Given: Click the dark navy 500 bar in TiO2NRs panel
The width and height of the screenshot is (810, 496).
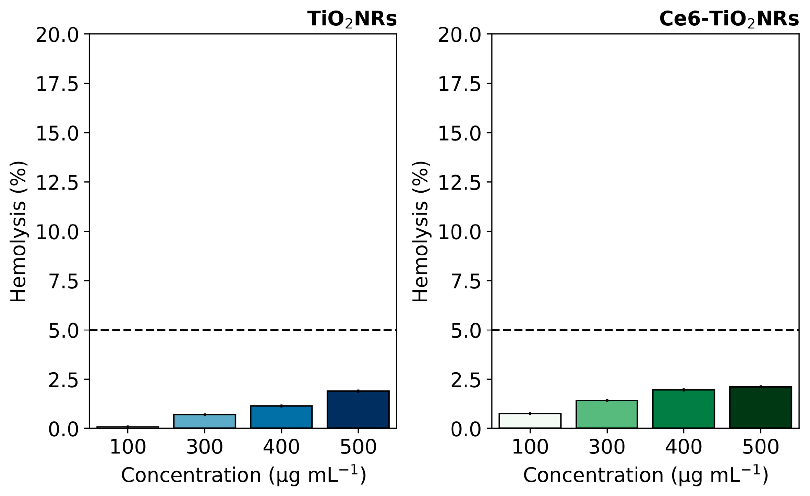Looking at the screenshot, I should [x=358, y=409].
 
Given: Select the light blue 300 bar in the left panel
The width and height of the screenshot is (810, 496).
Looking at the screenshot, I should [x=205, y=421].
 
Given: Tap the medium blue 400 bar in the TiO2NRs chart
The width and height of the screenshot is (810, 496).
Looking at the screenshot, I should [x=281, y=417].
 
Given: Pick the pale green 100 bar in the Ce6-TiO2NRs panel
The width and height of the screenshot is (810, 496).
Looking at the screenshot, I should [x=530, y=421].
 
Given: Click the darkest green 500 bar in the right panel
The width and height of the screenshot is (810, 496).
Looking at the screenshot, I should [x=760, y=407].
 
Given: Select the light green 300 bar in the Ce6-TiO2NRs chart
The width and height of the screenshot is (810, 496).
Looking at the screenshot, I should [x=607, y=414].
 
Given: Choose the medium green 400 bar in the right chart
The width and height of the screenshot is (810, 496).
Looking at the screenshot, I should [x=684, y=409].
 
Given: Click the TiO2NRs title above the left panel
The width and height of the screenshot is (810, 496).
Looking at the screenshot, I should [x=352, y=19].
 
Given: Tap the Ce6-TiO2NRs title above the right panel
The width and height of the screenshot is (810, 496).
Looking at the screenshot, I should [x=729, y=19].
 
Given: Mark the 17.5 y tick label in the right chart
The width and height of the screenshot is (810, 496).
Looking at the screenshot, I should [x=460, y=84].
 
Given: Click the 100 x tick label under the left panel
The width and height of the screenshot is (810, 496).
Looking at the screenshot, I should [x=128, y=447].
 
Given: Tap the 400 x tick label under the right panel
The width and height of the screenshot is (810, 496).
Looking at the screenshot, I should [x=684, y=447].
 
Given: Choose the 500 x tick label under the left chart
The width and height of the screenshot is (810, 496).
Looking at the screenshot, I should [x=358, y=447].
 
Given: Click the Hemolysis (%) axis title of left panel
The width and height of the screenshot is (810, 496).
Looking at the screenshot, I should [x=18, y=231].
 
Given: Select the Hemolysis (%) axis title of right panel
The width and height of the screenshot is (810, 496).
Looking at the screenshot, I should [x=420, y=231].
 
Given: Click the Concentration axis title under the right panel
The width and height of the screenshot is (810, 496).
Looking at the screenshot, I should [x=645, y=475].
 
